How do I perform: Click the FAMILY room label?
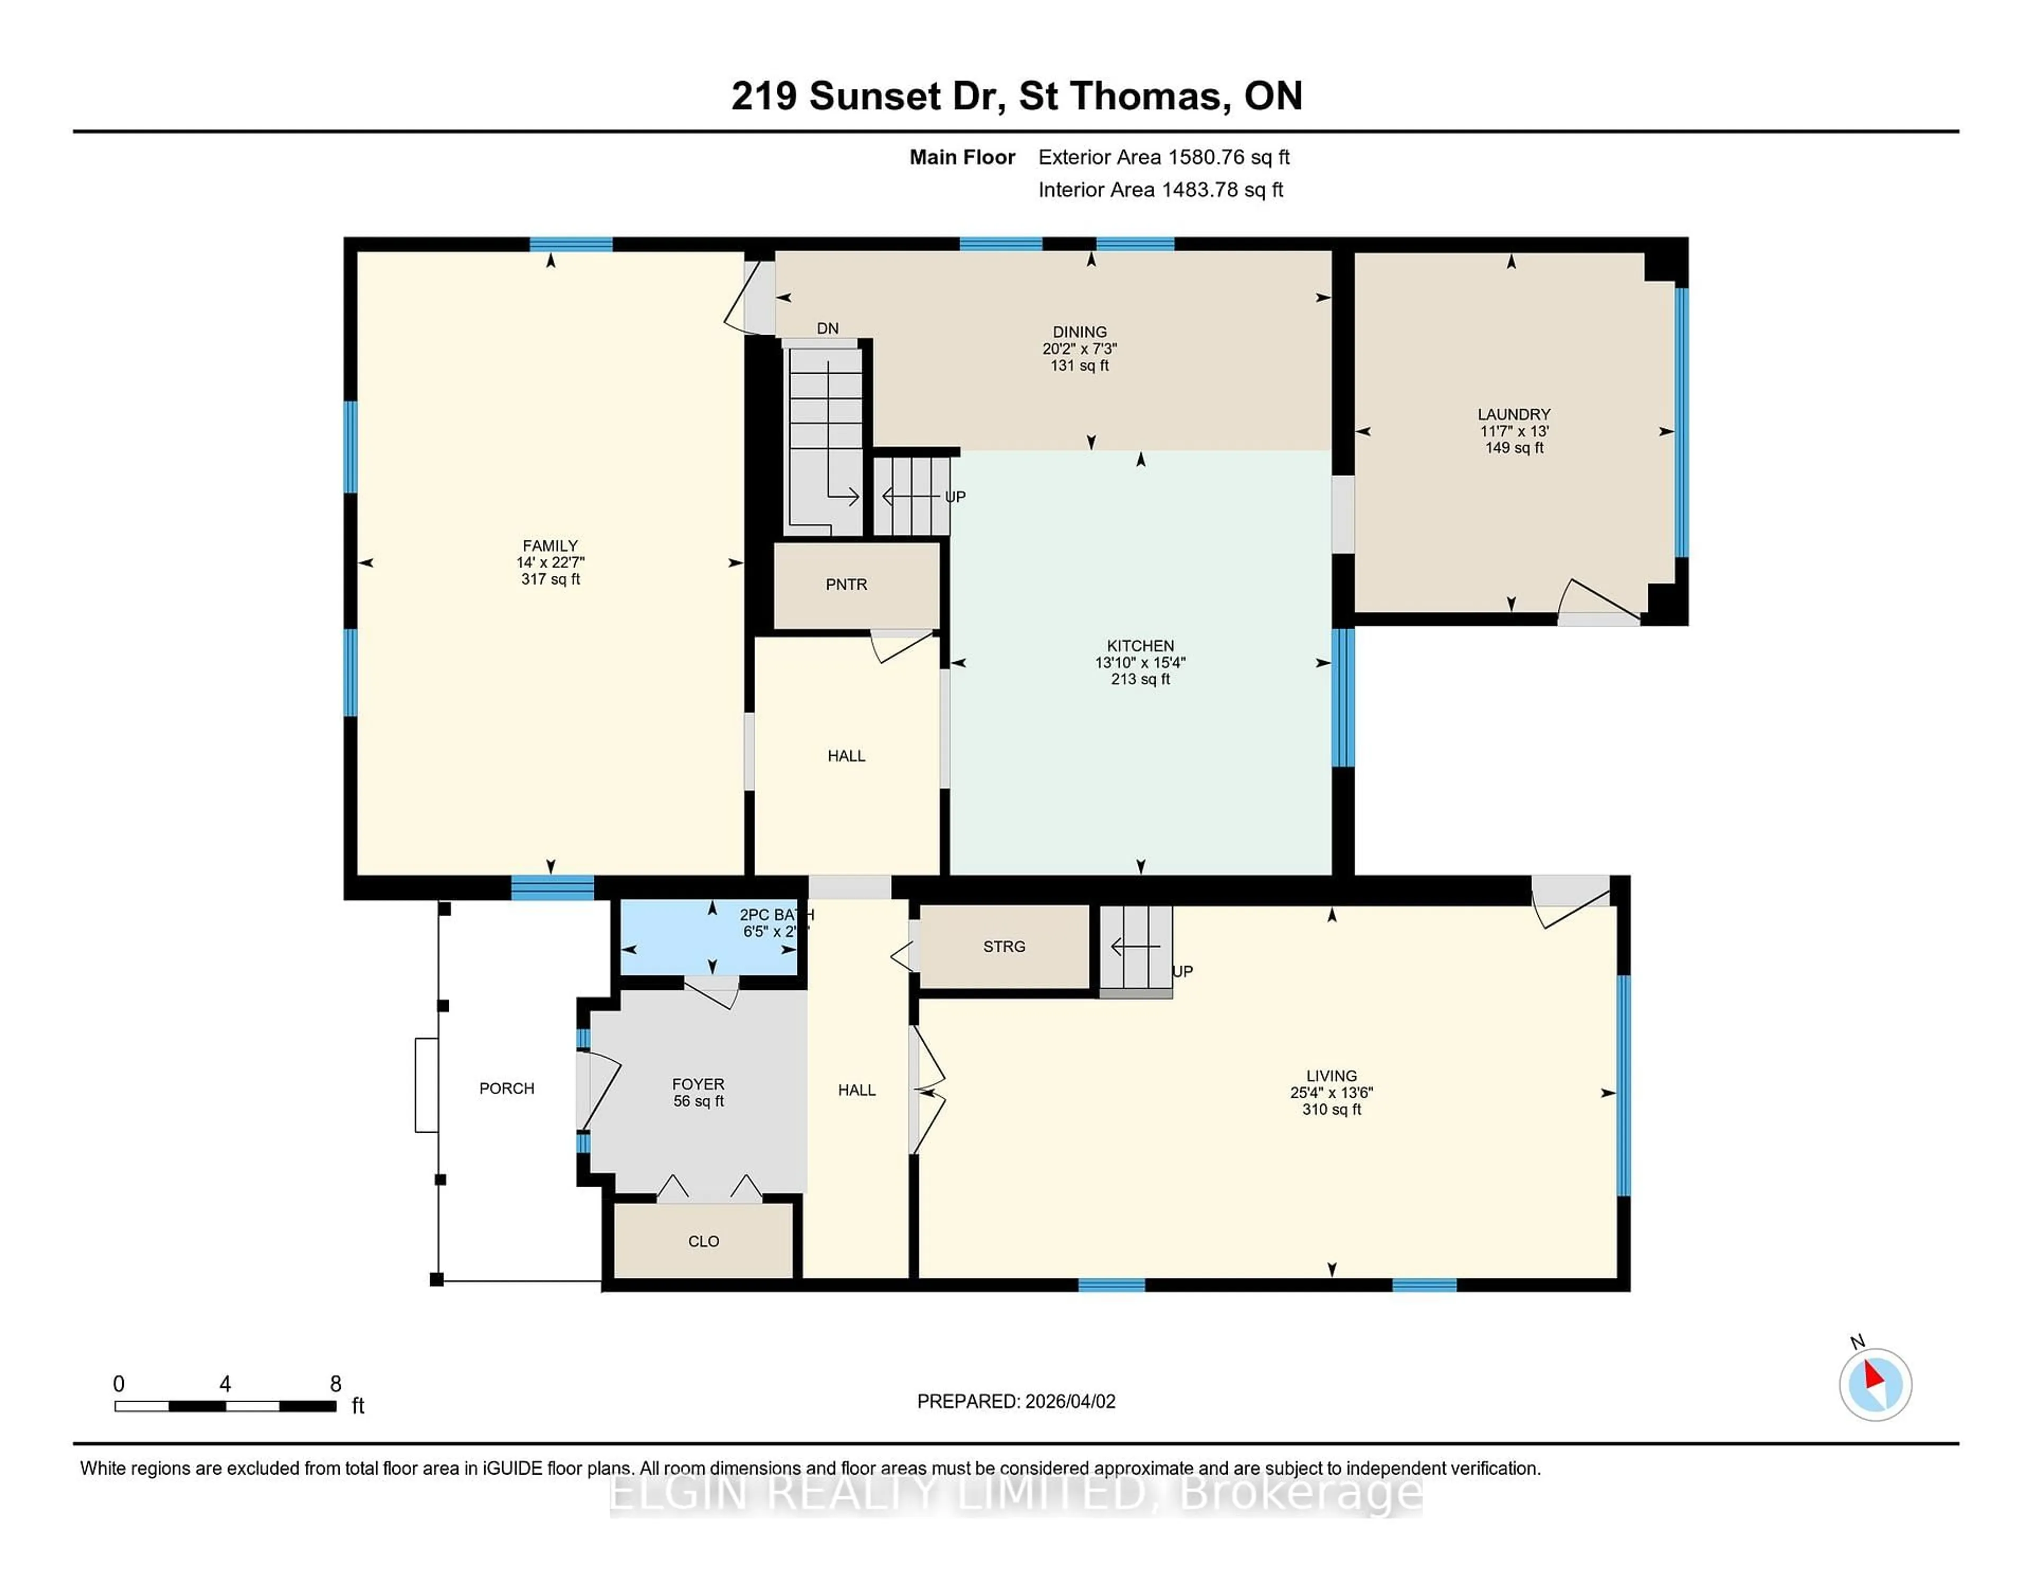pyautogui.click(x=550, y=545)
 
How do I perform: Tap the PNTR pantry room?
pyautogui.click(x=846, y=584)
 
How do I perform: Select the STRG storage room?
pyautogui.click(x=1004, y=946)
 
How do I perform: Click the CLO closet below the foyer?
pyautogui.click(x=703, y=1241)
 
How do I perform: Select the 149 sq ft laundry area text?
pyautogui.click(x=1514, y=448)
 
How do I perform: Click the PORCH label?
pyautogui.click(x=506, y=1088)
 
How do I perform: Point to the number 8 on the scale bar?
pyautogui.click(x=336, y=1384)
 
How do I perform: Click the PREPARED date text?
pyautogui.click(x=1016, y=1401)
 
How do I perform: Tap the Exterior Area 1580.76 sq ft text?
pyautogui.click(x=1164, y=157)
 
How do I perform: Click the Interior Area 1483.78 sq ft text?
pyautogui.click(x=1160, y=190)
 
